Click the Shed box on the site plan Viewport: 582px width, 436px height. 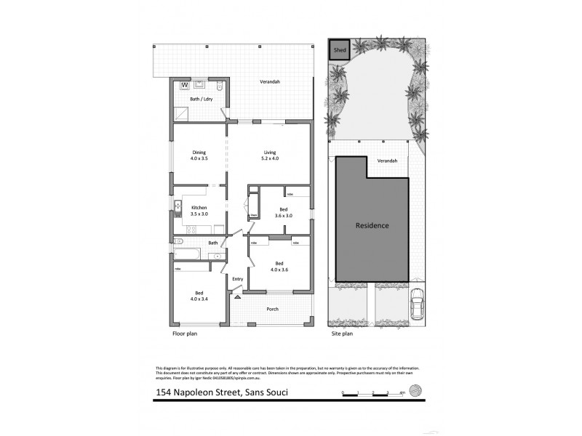point(339,49)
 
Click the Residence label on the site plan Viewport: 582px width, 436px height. point(372,225)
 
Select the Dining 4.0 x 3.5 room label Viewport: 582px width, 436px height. point(199,155)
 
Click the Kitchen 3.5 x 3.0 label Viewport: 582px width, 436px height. point(199,211)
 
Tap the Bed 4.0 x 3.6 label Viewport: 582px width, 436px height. point(279,267)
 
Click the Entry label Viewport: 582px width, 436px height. point(237,279)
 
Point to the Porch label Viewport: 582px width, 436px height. point(273,309)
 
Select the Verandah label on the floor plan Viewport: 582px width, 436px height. point(271,81)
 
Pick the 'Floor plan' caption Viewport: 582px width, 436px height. point(185,334)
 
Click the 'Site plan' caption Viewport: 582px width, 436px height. point(342,334)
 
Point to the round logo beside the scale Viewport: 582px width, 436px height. point(415,389)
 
